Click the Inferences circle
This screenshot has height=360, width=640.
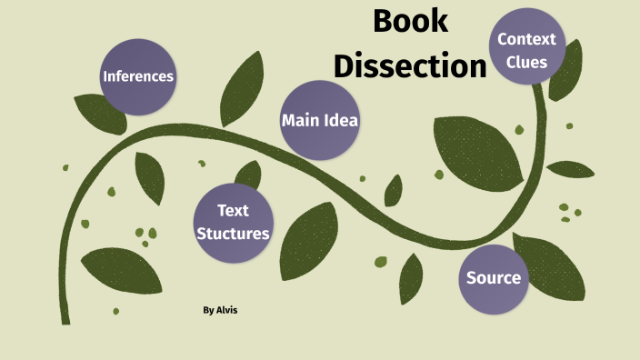(137, 76)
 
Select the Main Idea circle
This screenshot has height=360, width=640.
(319, 120)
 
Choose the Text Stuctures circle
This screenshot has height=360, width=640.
(232, 222)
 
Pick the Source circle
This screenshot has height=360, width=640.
(494, 277)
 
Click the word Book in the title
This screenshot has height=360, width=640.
(411, 21)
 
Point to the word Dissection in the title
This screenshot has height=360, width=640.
(410, 65)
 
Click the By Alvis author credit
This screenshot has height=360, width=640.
(221, 311)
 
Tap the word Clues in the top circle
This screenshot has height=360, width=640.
(527, 63)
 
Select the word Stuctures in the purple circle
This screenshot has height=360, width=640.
(233, 234)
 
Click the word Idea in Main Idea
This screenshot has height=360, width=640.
(342, 120)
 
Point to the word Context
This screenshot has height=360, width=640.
(526, 40)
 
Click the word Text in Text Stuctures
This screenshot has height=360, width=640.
(233, 211)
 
